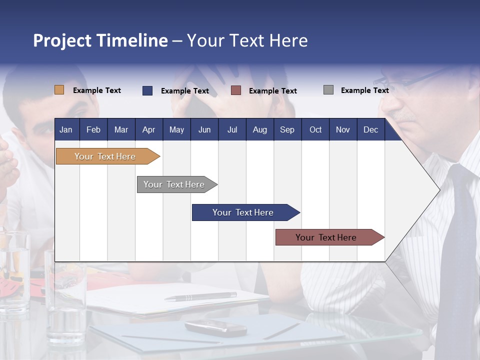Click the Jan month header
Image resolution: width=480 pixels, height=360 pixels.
click(x=66, y=130)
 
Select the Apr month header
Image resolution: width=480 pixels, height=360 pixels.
click(x=148, y=130)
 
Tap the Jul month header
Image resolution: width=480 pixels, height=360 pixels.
click(x=232, y=130)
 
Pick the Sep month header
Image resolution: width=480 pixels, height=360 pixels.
click(x=287, y=130)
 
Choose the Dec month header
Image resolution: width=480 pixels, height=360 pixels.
click(x=370, y=130)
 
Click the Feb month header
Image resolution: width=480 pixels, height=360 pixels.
click(x=93, y=130)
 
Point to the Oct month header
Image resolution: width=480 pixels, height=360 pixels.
click(x=315, y=130)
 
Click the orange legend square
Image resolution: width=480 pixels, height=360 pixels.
click(x=59, y=90)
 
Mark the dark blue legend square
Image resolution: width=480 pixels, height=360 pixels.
click(x=147, y=90)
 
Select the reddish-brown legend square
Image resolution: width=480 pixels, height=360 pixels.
click(x=236, y=90)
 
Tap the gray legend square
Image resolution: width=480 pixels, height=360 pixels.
click(x=328, y=90)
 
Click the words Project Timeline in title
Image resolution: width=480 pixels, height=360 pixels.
click(x=100, y=40)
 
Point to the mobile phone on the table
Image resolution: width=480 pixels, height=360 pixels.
click(x=215, y=327)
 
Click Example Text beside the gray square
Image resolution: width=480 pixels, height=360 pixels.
click(x=364, y=90)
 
